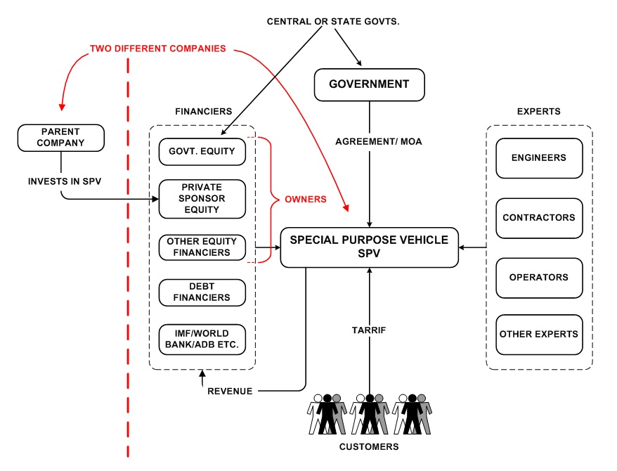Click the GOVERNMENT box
[369, 84]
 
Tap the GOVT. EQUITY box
[202, 150]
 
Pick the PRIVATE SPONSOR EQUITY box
[202, 198]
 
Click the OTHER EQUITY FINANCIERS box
[202, 247]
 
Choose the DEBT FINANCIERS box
[202, 292]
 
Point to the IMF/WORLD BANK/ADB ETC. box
[202, 340]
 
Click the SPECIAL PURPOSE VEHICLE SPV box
[369, 247]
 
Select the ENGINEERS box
[539, 158]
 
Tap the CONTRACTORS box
[539, 218]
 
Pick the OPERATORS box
[539, 277]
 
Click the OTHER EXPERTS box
[539, 334]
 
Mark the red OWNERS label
[305, 199]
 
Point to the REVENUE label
[229, 391]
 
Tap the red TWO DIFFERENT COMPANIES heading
[157, 49]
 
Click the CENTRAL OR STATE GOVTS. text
[333, 22]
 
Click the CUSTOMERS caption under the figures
[369, 446]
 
